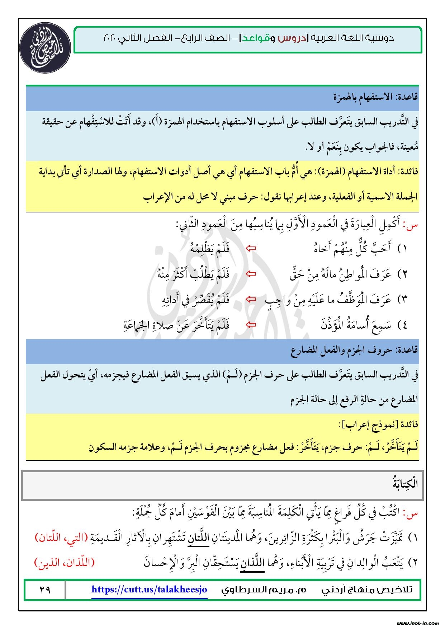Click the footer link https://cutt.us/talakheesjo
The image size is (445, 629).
tap(149, 590)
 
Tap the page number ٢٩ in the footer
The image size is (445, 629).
tap(45, 590)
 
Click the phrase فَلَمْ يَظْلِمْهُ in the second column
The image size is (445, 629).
tap(210, 248)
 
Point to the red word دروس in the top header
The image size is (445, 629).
tap(290, 38)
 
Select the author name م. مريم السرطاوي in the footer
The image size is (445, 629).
tap(264, 590)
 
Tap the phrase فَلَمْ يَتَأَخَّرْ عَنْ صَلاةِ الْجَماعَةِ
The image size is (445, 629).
tap(176, 325)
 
